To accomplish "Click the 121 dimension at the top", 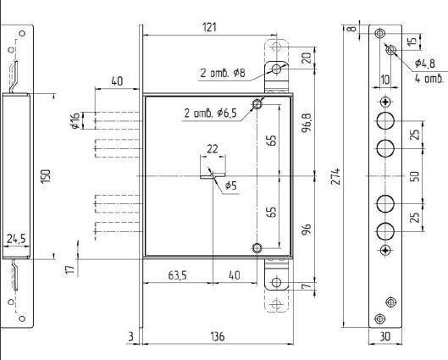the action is pos(209,27).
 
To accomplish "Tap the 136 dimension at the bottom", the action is pos(218,336).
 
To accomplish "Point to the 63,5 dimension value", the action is pos(177,275).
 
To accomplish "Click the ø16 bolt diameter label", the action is pos(75,120).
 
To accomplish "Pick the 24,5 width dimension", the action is pos(16,239).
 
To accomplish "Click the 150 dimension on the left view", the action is pos(46,176).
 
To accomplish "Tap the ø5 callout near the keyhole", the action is pos(231,186).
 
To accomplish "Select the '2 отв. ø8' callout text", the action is pos(223,73).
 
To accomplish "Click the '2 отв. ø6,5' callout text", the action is pos(211,114).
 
